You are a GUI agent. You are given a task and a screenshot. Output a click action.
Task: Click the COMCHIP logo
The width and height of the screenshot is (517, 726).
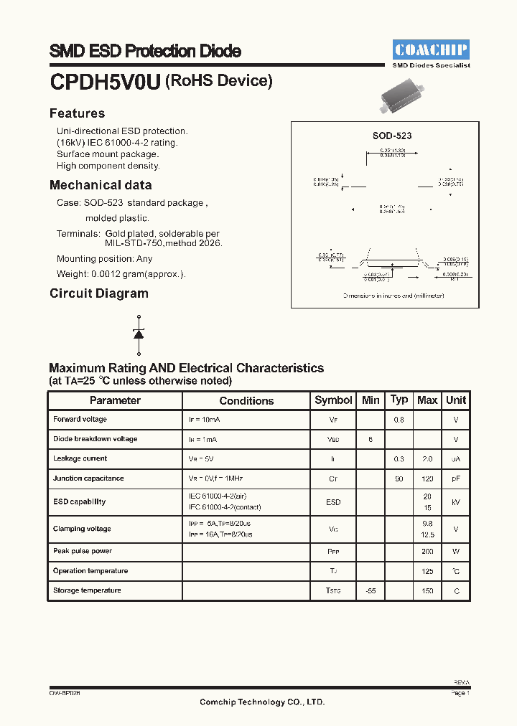[431, 49]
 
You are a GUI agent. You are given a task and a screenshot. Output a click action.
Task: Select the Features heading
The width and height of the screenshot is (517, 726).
[77, 113]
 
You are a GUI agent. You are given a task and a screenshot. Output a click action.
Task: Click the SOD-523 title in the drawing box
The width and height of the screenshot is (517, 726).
[391, 136]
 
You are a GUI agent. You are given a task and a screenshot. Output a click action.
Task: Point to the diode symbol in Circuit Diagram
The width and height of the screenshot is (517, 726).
[139, 334]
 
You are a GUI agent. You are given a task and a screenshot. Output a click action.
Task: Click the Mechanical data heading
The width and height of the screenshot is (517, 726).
[101, 185]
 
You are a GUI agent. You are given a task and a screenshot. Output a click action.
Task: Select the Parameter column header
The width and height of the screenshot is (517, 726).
[115, 400]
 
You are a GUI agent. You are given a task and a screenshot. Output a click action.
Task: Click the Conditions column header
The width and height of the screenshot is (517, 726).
[246, 401]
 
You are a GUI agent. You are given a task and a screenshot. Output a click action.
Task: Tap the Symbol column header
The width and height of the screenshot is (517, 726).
[333, 400]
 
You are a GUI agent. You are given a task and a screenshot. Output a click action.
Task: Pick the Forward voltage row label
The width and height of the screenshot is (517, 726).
[80, 420]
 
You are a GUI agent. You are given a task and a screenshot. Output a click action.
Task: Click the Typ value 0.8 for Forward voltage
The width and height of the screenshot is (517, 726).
[399, 420]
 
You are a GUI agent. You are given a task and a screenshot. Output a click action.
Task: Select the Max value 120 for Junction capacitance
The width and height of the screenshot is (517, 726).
[427, 478]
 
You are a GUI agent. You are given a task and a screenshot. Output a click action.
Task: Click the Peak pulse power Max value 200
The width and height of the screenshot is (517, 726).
[427, 552]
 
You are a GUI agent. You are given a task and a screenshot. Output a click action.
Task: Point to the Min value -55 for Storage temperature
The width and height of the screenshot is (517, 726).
[371, 591]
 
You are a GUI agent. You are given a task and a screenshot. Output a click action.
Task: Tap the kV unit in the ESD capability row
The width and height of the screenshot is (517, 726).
[455, 502]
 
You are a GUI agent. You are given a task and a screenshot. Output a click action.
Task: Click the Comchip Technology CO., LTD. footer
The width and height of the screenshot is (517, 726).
[262, 702]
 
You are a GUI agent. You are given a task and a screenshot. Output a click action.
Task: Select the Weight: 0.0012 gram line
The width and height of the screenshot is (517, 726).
[121, 274]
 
